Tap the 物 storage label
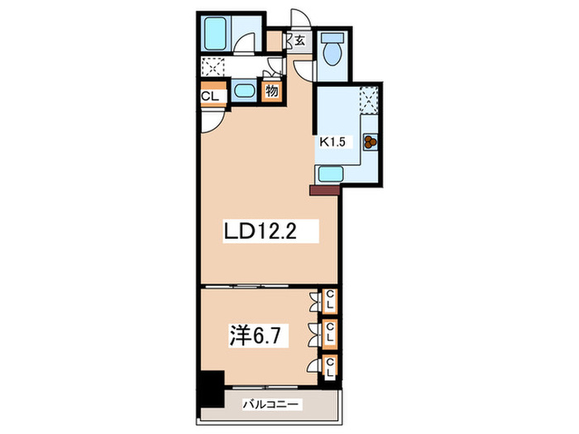[x=271, y=91]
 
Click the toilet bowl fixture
[x=332, y=51]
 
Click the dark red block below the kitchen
[x=324, y=190]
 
